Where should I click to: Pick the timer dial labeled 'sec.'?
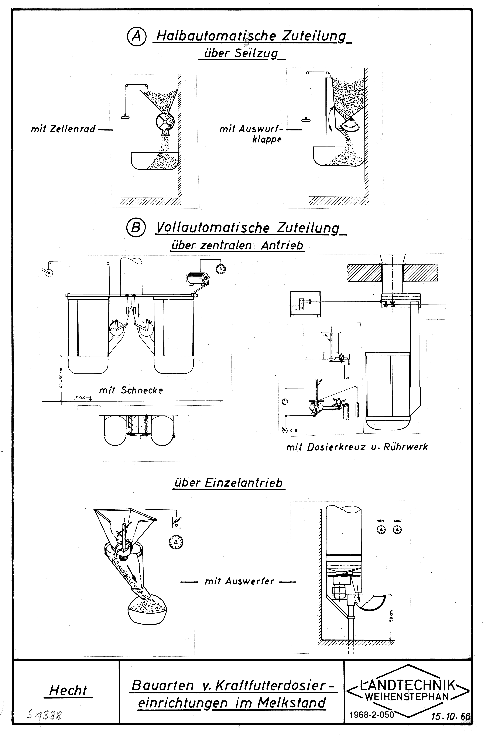tap(397, 530)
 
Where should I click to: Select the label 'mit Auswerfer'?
tap(239, 581)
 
